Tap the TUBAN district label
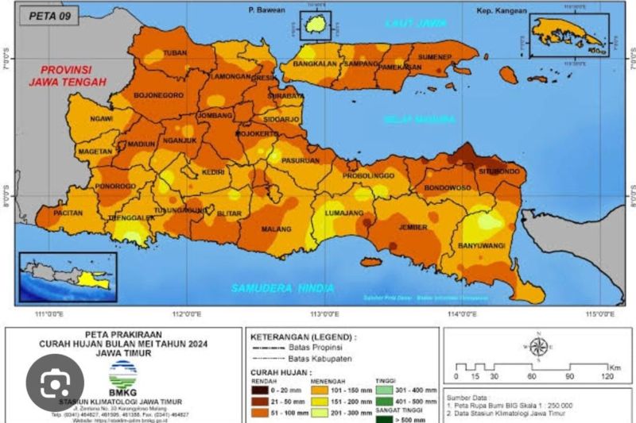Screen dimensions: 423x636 pos(174,53)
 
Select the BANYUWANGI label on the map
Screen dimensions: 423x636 pos(482,246)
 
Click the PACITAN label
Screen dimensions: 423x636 pos(69,213)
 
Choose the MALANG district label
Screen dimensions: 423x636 pos(278,229)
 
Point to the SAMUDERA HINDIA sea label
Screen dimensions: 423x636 pos(283,288)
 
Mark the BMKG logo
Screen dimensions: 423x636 pos(122,372)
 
